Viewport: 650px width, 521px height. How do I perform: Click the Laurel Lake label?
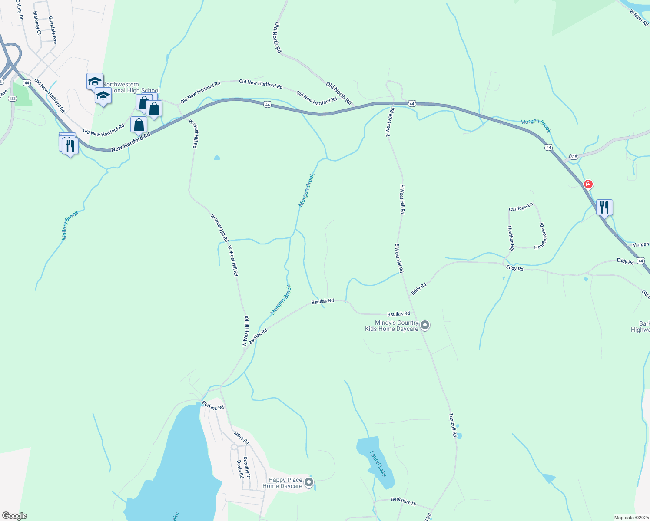[378, 464]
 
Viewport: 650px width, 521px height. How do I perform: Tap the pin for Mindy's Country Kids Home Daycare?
[425, 325]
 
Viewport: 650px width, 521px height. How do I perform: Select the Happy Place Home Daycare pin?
[309, 482]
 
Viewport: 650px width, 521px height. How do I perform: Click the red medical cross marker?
[588, 184]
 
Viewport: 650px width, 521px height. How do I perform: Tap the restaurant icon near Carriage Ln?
[604, 207]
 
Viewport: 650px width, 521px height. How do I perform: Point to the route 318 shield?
[574, 157]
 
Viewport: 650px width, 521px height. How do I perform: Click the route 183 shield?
[13, 99]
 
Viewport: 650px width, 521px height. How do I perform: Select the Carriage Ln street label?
[521, 208]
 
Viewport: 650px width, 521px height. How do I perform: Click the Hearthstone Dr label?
[542, 236]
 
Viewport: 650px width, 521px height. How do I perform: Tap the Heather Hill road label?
[511, 238]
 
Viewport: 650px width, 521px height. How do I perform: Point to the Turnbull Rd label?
[453, 425]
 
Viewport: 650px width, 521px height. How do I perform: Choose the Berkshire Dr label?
[403, 501]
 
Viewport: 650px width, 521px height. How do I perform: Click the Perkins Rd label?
[213, 405]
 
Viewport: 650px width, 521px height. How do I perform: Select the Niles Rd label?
[242, 438]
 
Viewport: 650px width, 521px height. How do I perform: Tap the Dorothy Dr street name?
[246, 467]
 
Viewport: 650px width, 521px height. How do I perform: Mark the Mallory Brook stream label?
[70, 226]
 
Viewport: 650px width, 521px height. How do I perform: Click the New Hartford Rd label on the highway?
[130, 142]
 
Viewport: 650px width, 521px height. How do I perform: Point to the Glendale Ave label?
[53, 30]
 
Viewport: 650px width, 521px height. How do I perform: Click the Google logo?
[15, 516]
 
